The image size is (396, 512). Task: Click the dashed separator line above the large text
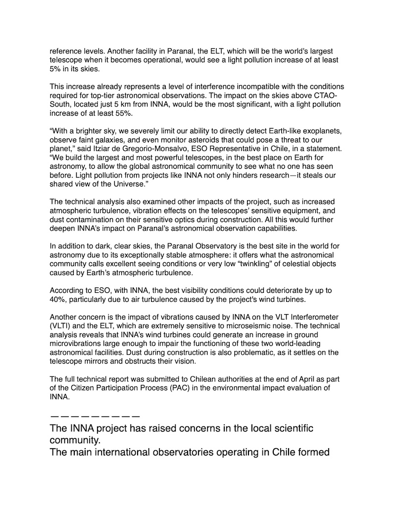(95, 416)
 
